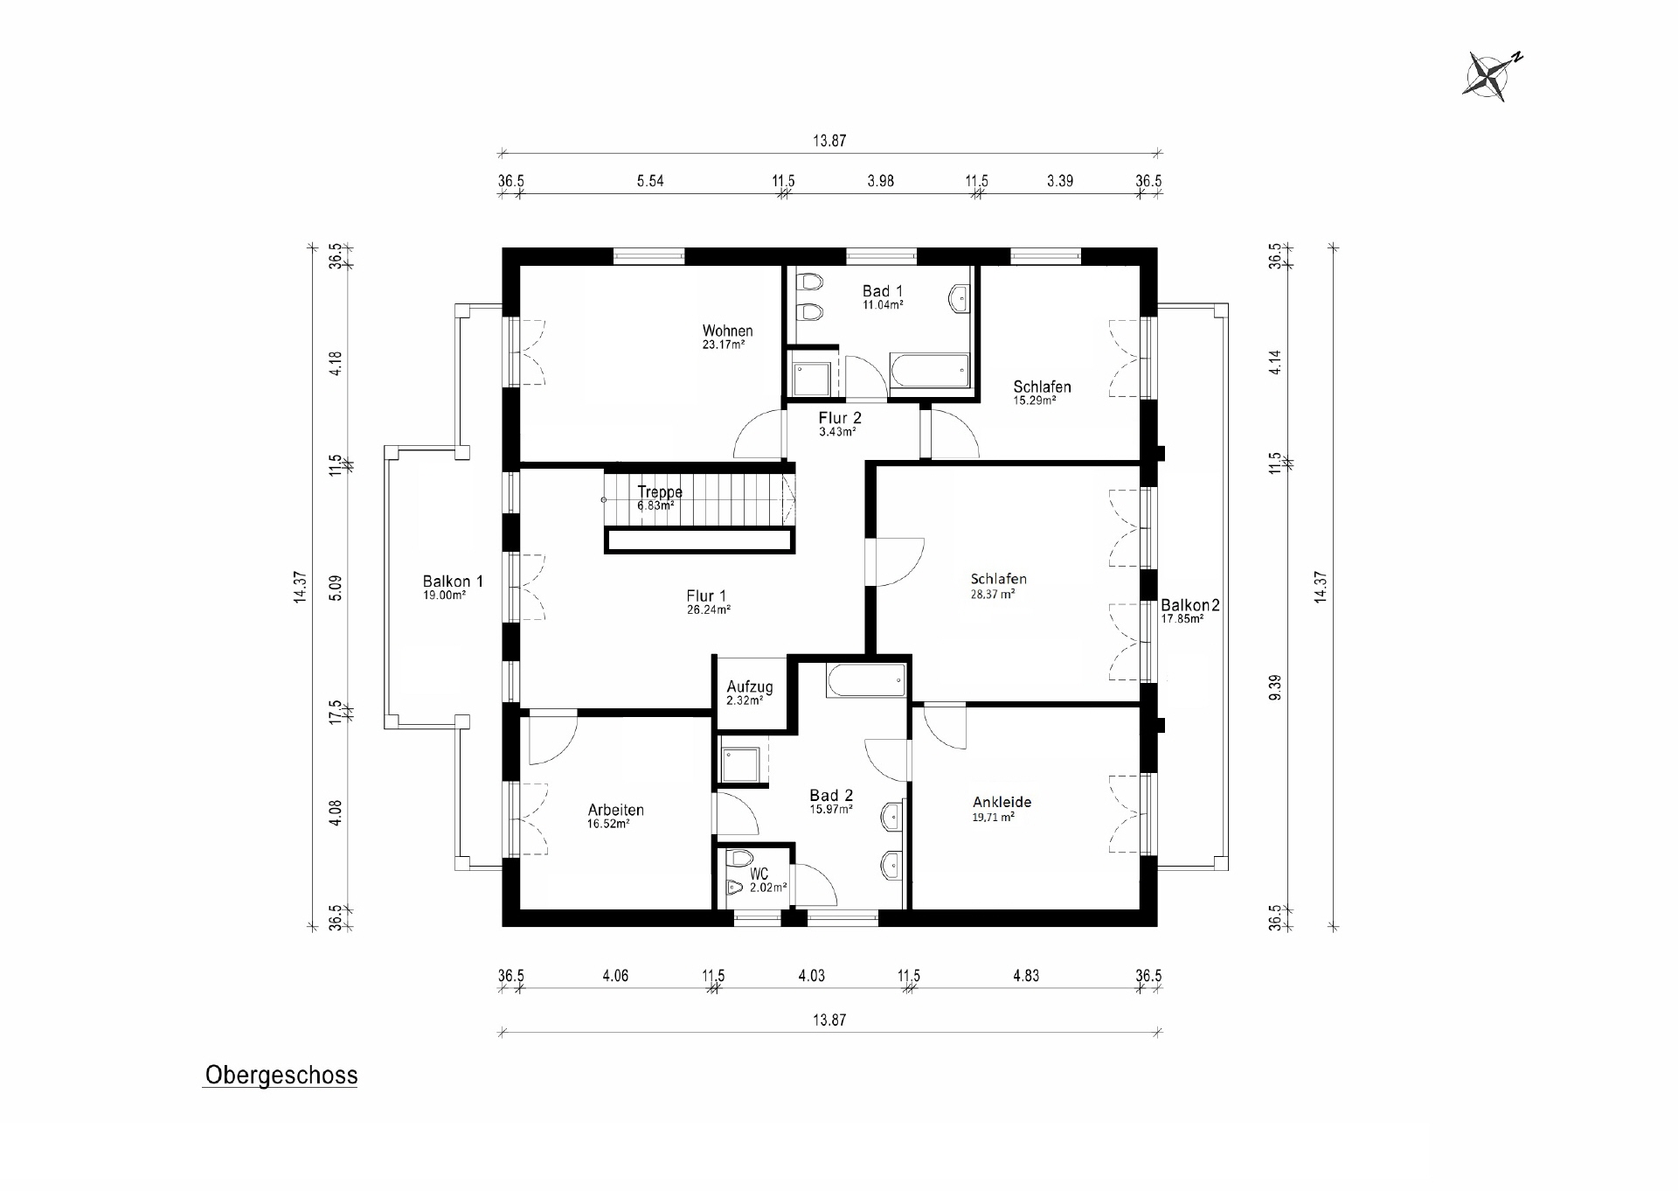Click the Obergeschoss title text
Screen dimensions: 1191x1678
point(281,1075)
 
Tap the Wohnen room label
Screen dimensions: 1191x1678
point(727,331)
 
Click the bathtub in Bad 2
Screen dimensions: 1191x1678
point(865,680)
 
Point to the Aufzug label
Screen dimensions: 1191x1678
point(749,687)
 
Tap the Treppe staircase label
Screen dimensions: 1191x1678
point(659,491)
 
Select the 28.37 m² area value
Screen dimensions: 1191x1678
point(992,594)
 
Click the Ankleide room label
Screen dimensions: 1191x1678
point(1002,802)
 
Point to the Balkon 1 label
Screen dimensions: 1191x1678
point(453,582)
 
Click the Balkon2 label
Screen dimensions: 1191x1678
point(1189,605)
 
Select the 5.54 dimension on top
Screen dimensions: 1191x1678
point(649,181)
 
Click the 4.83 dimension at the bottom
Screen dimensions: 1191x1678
point(1025,975)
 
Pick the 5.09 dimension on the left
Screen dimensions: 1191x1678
point(336,587)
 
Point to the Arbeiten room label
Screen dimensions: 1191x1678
point(615,811)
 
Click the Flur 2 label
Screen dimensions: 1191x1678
point(839,418)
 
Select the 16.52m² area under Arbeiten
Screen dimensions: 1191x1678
point(608,824)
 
